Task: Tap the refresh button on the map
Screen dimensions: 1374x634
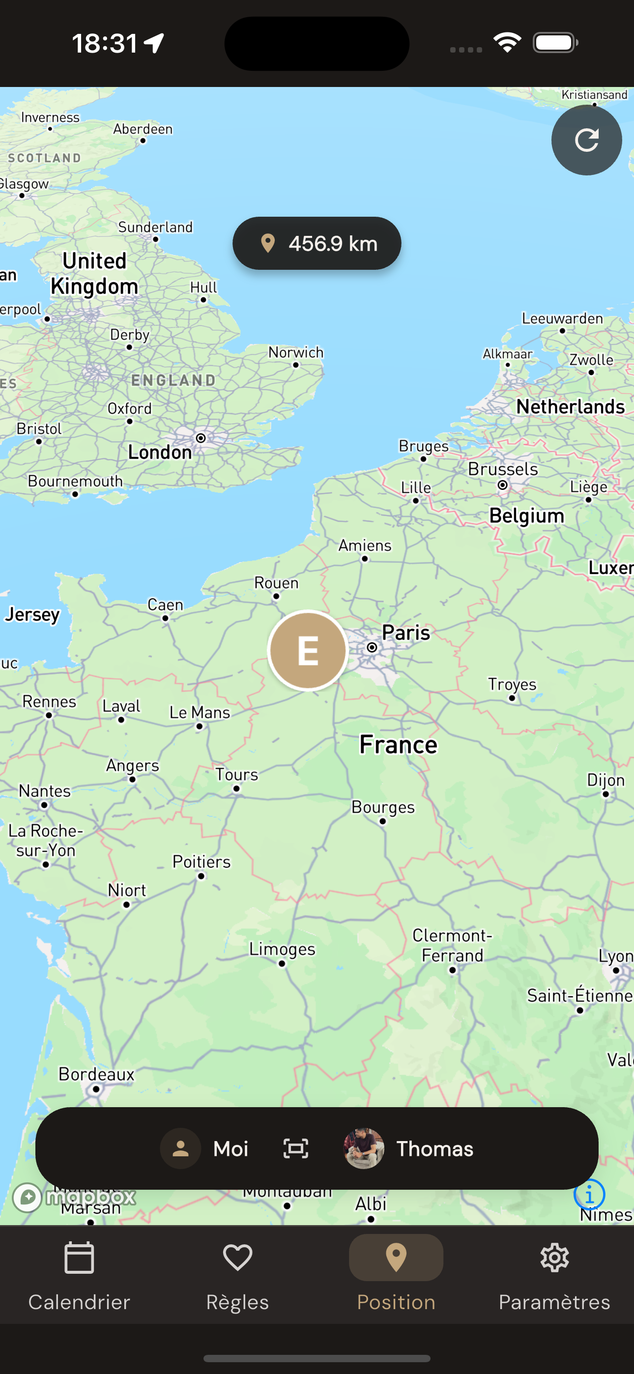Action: [586, 140]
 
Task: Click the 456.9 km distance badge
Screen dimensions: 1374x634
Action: [317, 243]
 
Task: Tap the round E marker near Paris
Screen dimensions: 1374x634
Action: [308, 650]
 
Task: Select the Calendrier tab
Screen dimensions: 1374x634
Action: [79, 1275]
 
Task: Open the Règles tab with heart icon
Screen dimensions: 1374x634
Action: [237, 1275]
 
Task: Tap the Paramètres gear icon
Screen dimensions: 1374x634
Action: [554, 1258]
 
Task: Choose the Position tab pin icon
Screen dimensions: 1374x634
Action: [396, 1258]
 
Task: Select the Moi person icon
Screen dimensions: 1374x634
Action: [181, 1148]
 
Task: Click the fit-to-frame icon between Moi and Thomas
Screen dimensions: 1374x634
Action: [296, 1148]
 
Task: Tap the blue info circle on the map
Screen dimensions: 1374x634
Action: [589, 1195]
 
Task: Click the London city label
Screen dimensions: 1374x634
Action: [160, 452]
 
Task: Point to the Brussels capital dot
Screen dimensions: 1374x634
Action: [502, 485]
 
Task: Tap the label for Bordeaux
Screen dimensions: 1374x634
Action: [96, 1074]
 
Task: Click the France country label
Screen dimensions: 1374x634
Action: [398, 744]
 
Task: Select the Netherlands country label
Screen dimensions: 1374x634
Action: [570, 407]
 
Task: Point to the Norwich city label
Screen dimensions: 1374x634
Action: [296, 352]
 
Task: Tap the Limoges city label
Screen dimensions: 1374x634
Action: [282, 949]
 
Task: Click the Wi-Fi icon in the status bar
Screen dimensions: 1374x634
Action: [507, 43]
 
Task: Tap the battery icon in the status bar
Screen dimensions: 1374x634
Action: [555, 43]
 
